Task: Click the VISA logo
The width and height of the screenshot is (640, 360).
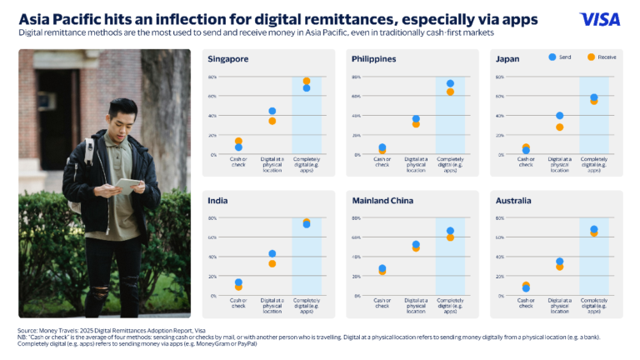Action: coord(600,19)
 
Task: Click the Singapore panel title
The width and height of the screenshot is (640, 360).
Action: coord(228,59)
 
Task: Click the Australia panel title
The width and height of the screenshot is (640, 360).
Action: coord(513,201)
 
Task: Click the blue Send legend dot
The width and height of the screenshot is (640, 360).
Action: coord(552,57)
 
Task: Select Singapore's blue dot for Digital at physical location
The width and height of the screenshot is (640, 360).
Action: coord(272,111)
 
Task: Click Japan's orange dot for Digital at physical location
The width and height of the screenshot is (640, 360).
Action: coord(559,127)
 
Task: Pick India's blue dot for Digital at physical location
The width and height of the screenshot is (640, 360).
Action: coord(272,253)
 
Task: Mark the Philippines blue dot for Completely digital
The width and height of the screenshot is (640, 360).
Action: coord(450,83)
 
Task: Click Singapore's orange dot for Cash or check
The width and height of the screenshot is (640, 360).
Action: coord(238,142)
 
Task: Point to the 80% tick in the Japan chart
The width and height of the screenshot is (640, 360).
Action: coord(500,77)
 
